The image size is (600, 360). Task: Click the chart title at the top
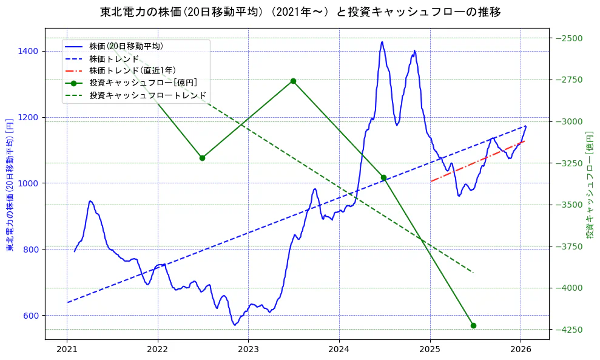(300, 12)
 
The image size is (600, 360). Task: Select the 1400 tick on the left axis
(29, 51)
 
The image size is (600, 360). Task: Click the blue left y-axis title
(10, 185)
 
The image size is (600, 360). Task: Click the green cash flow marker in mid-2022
(202, 158)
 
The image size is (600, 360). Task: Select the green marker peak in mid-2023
(293, 81)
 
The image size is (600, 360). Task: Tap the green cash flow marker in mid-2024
(383, 177)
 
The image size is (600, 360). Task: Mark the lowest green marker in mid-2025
(473, 325)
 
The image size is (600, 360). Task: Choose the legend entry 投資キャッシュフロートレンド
(148, 95)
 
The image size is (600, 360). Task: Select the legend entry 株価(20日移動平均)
(126, 46)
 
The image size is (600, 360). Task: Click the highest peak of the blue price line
(382, 42)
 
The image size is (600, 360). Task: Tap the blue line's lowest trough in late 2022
(235, 325)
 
